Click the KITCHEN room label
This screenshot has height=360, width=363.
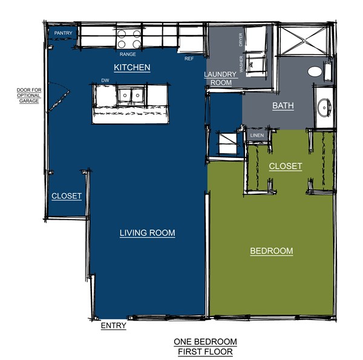132,67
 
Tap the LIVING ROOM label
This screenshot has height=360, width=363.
147,233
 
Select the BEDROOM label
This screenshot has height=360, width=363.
272,250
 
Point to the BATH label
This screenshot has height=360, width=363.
283,105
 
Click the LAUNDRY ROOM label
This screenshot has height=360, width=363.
221,79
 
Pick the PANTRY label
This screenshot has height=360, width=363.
63,33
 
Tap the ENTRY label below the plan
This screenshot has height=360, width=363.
114,326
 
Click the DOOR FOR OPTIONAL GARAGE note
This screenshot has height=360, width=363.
29,96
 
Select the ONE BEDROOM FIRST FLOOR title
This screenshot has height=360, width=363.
205,347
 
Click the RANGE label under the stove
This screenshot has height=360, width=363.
128,54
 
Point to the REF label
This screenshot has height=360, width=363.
189,59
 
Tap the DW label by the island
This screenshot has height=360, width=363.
105,80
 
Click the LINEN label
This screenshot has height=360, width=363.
257,135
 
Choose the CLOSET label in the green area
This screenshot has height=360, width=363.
286,166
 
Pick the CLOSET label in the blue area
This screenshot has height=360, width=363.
67,196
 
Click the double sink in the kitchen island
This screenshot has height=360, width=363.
131,96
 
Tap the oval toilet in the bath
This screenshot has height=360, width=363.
315,71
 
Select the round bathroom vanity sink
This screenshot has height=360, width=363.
324,108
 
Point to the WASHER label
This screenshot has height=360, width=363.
241,64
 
